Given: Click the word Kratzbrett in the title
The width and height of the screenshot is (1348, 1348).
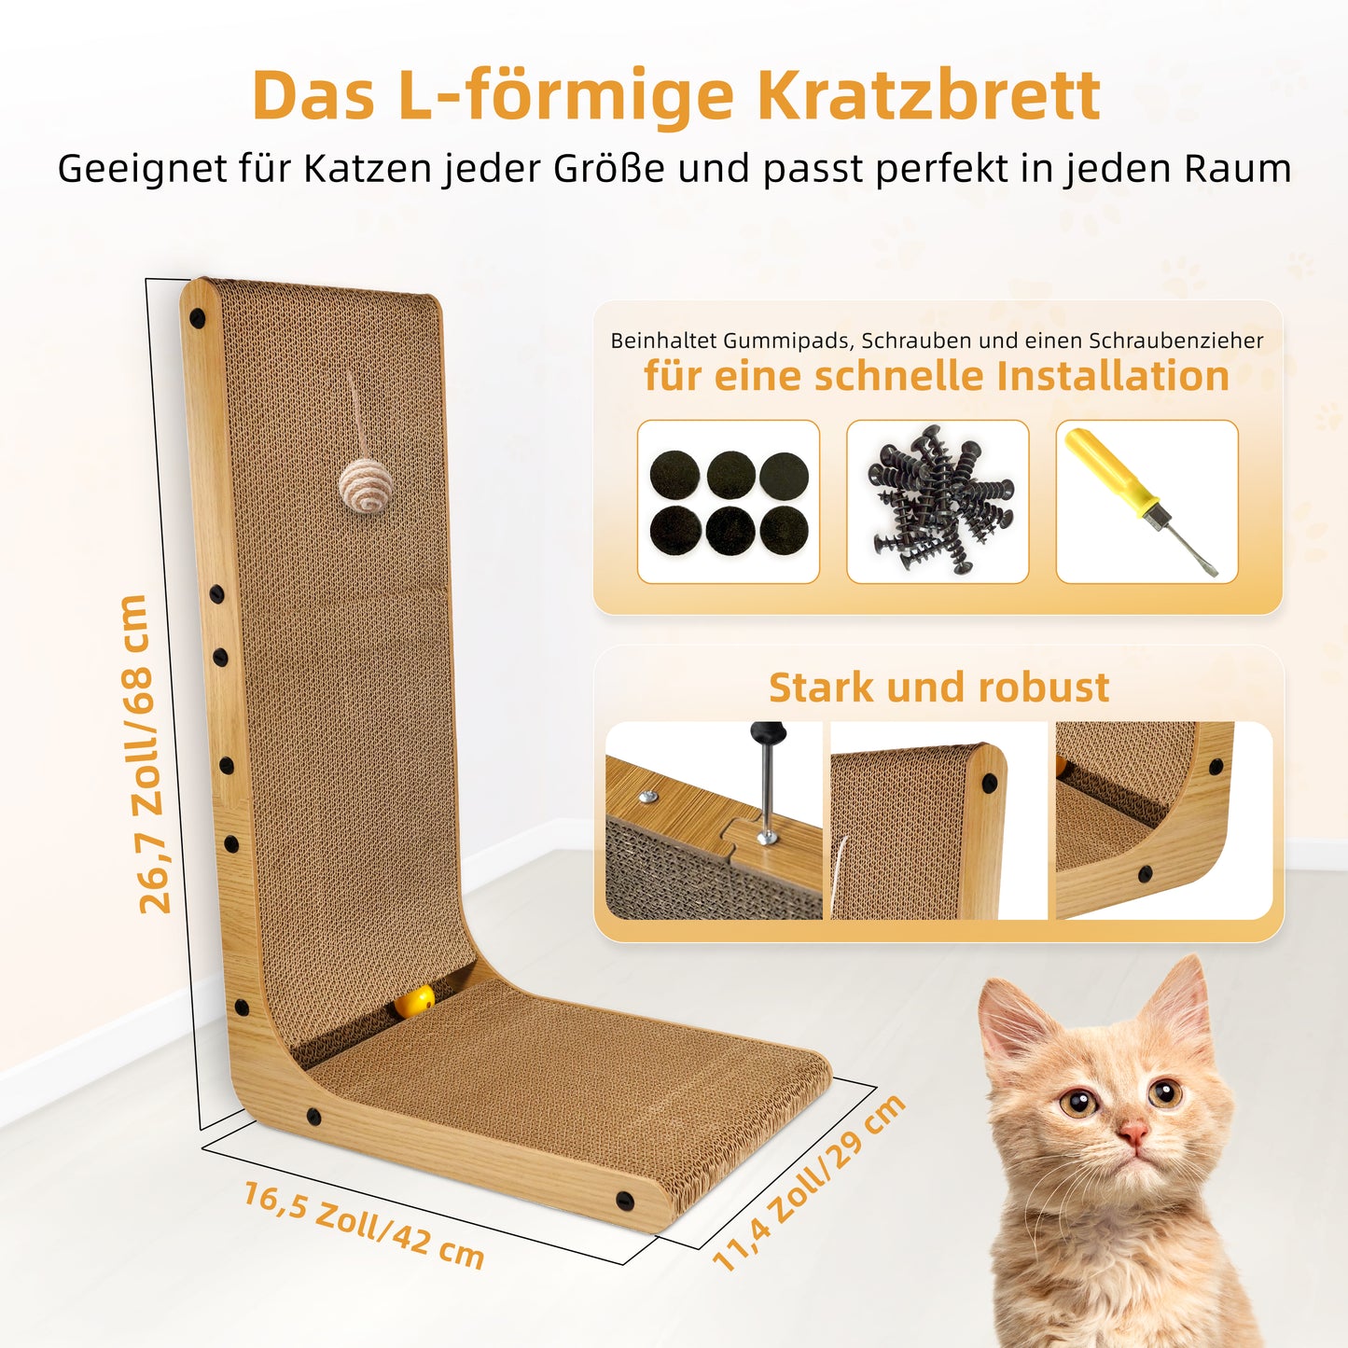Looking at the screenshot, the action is tap(929, 95).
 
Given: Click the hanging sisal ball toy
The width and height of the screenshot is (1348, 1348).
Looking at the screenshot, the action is tap(365, 488).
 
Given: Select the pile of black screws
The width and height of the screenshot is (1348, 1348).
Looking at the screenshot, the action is tap(938, 499).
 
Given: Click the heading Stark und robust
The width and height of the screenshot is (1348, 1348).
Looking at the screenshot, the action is tap(938, 687).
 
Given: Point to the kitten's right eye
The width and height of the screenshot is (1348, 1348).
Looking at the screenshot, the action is tap(1079, 1102).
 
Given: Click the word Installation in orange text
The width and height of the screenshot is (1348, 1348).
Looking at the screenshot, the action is tap(1113, 376).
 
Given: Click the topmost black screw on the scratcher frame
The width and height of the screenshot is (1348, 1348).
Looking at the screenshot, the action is tap(197, 320).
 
